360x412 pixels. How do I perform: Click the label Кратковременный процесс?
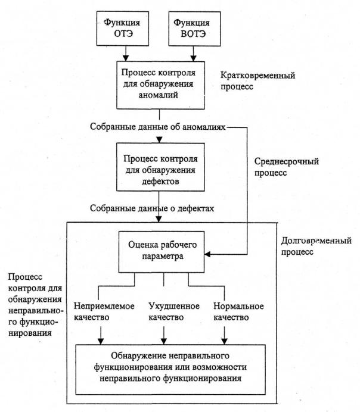coord(257,82)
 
